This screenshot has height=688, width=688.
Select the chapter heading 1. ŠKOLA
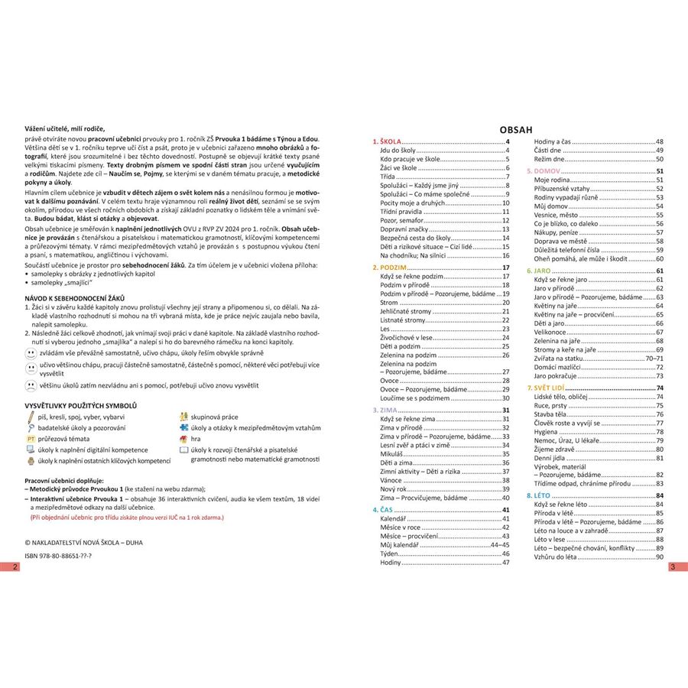(x=386, y=143)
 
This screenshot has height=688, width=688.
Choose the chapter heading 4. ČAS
(x=382, y=510)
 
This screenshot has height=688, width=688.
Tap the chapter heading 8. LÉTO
(x=548, y=496)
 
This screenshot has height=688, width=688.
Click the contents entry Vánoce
(x=393, y=480)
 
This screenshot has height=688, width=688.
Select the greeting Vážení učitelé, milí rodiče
(x=64, y=128)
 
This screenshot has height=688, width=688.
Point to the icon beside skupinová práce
(x=183, y=417)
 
